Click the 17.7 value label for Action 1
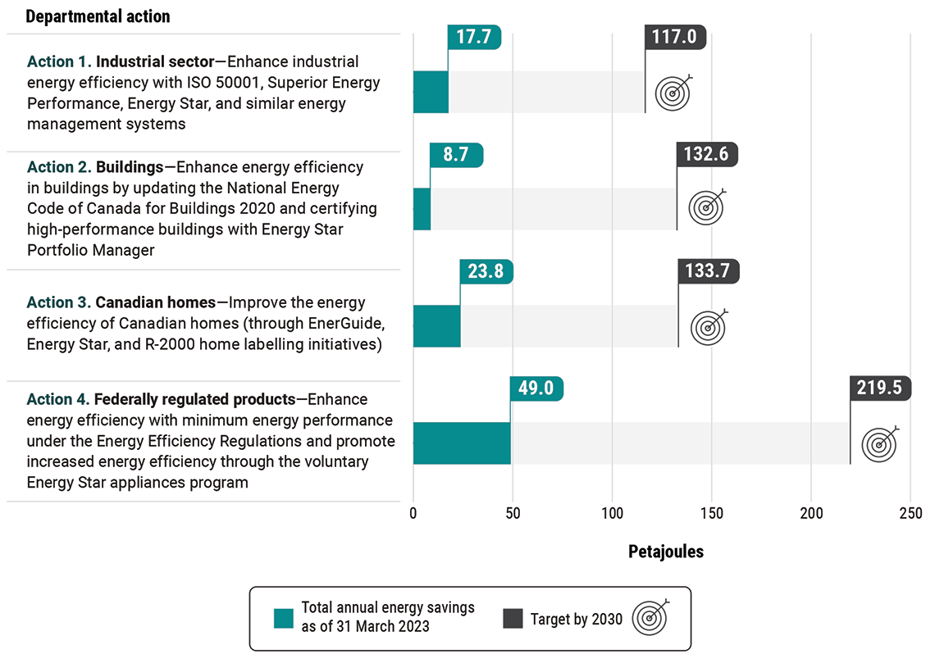474,38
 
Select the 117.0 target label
676,38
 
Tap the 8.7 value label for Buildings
456,155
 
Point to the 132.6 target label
707,155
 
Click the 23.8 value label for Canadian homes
486,271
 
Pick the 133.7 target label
709,271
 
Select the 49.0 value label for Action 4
536,388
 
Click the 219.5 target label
880,388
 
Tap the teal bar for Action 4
462,443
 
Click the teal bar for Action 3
436,326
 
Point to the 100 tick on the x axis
612,514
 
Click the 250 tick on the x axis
910,514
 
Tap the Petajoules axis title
665,552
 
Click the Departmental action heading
98,16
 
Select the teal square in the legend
283,619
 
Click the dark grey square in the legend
512,619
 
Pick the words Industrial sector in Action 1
155,61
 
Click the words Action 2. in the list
59,167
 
